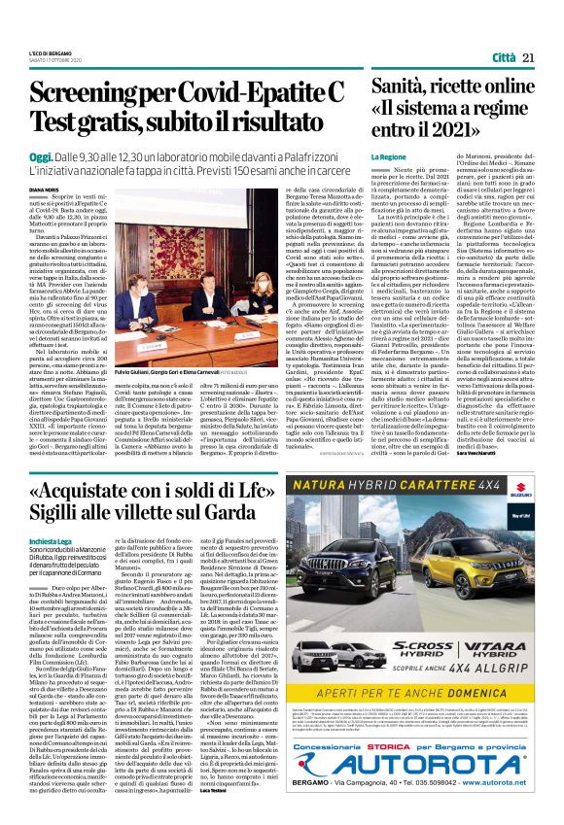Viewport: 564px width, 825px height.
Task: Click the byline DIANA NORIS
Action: [45, 190]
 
